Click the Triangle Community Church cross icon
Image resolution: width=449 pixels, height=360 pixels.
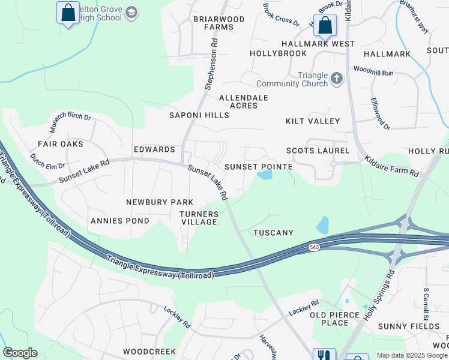click(x=337, y=78)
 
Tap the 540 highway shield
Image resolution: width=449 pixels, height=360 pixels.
click(x=314, y=247)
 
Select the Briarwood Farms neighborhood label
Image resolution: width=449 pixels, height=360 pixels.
click(x=218, y=23)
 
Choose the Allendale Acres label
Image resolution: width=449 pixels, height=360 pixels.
click(x=243, y=101)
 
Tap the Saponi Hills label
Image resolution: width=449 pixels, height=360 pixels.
click(x=199, y=115)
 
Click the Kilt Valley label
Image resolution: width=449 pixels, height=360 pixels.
click(x=313, y=121)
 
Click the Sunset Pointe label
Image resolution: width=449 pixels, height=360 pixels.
click(x=258, y=166)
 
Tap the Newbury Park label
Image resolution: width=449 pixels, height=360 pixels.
click(x=159, y=202)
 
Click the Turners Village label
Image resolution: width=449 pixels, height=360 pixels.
click(x=199, y=218)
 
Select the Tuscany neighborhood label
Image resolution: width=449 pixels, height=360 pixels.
click(x=273, y=232)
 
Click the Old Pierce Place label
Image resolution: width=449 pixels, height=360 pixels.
click(x=329, y=319)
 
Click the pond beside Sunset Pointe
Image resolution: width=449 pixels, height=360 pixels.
click(x=264, y=175)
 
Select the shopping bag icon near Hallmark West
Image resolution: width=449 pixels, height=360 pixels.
click(x=325, y=26)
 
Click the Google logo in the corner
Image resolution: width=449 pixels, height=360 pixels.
click(x=20, y=353)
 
